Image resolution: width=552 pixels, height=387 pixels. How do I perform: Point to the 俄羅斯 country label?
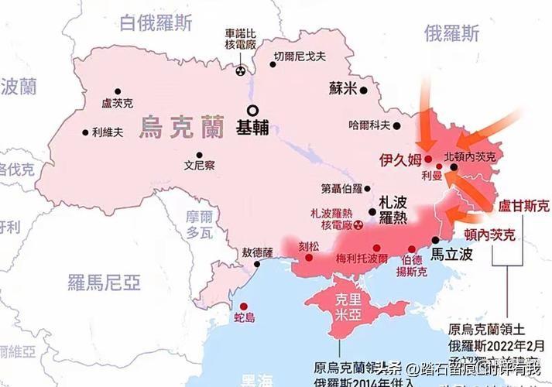pyautogui.click(x=451, y=33)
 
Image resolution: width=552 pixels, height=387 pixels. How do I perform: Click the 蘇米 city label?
pyautogui.click(x=341, y=88)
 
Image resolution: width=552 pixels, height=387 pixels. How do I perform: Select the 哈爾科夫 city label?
pyautogui.click(x=369, y=125)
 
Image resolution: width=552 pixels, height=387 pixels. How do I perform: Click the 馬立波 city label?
pyautogui.click(x=451, y=253)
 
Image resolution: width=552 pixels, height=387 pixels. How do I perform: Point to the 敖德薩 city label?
pyautogui.click(x=258, y=252)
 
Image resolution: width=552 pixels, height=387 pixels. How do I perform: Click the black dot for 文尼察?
pyautogui.click(x=200, y=154)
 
